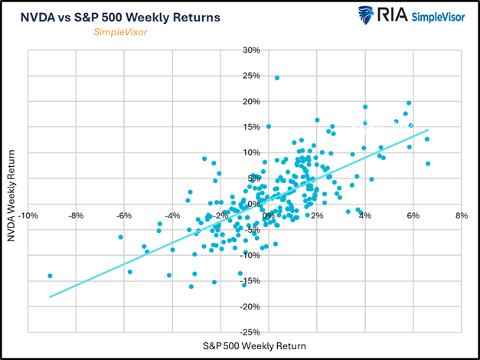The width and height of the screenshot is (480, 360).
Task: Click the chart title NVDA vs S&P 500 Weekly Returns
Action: [121, 17]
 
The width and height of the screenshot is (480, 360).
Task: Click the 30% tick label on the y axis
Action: [250, 51]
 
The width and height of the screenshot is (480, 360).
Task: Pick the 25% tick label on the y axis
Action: [250, 76]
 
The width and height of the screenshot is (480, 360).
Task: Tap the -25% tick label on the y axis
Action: [249, 332]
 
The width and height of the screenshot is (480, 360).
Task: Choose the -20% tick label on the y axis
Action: [249, 306]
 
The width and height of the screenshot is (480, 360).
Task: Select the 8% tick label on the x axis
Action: [460, 216]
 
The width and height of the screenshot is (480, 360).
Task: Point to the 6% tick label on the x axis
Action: [413, 216]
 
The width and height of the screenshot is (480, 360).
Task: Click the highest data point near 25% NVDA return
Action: [277, 78]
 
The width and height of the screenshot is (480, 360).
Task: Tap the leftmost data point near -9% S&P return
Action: [50, 276]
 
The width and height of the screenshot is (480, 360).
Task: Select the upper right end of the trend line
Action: [429, 130]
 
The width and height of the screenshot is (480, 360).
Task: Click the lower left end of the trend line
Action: [50, 296]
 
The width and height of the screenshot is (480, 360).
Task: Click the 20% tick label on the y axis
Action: [250, 102]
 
